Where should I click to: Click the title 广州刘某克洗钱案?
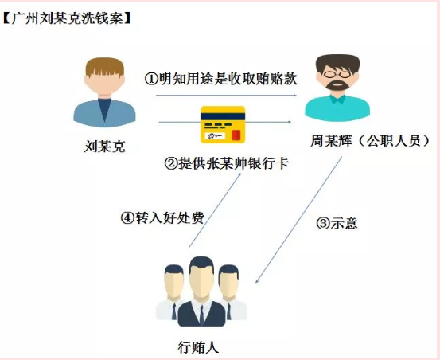(68, 19)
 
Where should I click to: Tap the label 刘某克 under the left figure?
(105, 147)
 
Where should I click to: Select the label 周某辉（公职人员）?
(370, 141)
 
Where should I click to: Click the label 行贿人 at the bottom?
(198, 347)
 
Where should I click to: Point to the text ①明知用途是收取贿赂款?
(221, 79)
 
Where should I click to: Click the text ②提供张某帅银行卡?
(227, 163)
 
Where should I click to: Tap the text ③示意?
(337, 223)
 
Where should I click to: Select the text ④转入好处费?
(162, 217)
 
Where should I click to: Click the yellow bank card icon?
(223, 125)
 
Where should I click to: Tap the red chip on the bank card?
(236, 135)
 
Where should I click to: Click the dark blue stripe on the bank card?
(223, 116)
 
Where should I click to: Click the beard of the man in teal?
(337, 84)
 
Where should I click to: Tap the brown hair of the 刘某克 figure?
(105, 67)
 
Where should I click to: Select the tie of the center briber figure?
(201, 315)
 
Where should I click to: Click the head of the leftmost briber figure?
(174, 281)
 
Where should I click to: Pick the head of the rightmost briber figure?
(228, 281)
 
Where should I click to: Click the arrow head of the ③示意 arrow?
(257, 280)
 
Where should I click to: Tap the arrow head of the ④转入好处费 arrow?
(239, 174)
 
